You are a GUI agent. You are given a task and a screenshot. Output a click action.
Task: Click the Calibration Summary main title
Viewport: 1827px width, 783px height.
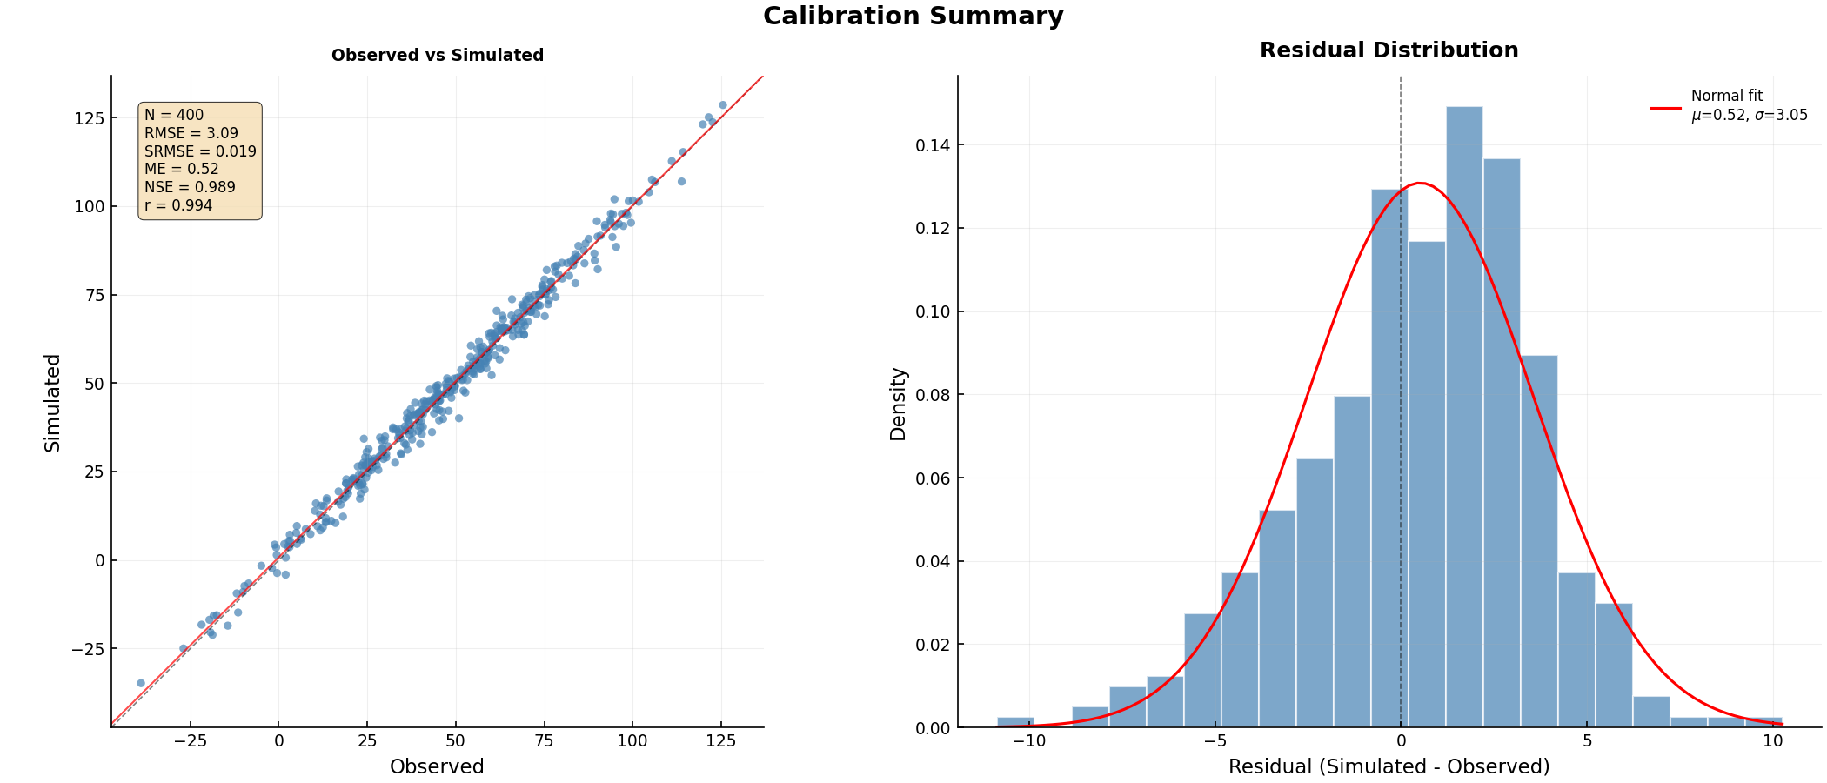913,17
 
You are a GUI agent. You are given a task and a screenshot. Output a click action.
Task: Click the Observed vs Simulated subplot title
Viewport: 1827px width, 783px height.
437,56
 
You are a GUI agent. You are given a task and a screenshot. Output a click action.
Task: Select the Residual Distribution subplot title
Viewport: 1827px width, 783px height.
1389,50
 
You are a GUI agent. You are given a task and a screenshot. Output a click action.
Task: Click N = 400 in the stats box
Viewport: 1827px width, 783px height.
174,115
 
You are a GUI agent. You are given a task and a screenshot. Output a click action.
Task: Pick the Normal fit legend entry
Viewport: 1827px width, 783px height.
1727,105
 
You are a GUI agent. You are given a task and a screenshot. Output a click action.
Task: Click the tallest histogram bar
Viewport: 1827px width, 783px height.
1464,418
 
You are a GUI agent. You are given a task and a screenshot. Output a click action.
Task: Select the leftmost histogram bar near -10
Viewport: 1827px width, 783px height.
1015,722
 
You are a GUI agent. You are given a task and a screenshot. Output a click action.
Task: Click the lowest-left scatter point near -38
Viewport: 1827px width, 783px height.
141,683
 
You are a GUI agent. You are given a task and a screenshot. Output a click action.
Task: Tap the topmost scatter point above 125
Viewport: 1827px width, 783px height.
722,105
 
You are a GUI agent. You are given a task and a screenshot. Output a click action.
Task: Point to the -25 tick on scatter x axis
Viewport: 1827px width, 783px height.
190,741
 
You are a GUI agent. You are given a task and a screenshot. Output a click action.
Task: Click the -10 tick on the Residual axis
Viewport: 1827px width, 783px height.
1029,741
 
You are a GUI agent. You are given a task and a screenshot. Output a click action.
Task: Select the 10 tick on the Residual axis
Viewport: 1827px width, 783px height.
1772,741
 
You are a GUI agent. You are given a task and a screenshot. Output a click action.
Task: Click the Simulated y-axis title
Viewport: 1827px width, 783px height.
53,402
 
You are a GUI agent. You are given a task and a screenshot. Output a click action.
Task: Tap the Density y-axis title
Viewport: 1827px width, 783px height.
899,403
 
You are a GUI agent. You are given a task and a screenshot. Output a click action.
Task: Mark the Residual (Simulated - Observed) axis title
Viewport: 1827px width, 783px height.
1389,766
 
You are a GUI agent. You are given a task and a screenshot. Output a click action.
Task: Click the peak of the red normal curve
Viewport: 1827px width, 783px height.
1420,183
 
